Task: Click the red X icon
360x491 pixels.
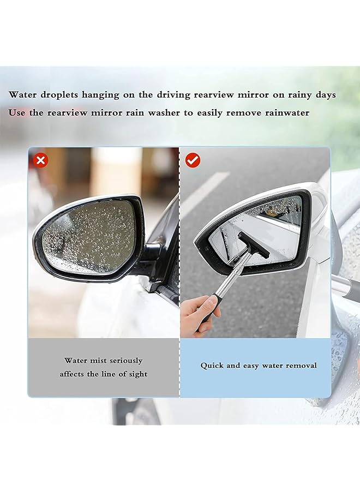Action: click(x=41, y=160)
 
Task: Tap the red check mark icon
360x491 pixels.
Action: click(x=193, y=160)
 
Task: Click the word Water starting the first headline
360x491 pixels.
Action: click(x=23, y=94)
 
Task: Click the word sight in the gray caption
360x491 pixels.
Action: click(x=136, y=374)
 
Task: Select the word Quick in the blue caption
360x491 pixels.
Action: click(x=212, y=366)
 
